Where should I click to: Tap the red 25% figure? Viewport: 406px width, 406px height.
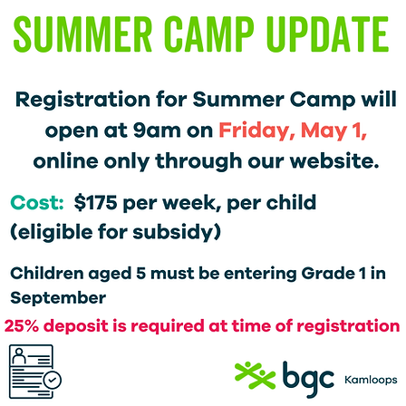[x=25, y=324]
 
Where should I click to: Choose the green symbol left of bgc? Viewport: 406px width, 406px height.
[x=253, y=372]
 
